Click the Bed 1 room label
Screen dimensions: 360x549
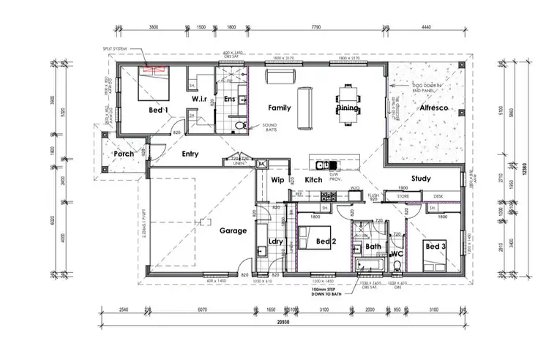(159, 110)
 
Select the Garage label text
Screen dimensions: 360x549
(234, 230)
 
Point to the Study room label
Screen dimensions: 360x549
(421, 179)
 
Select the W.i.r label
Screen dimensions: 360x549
(199, 99)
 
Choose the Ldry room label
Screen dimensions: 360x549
(276, 241)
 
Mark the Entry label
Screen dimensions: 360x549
(190, 154)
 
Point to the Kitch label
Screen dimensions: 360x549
(313, 179)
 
